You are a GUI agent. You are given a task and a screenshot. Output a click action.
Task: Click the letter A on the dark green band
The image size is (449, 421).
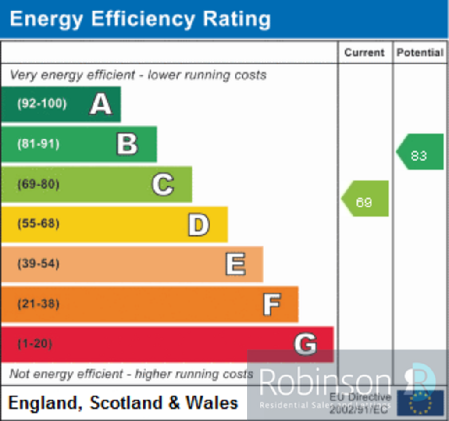click(x=101, y=104)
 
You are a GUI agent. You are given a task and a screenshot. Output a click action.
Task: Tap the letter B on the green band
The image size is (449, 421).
click(x=127, y=144)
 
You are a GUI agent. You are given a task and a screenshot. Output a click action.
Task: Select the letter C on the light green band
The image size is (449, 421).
click(x=163, y=184)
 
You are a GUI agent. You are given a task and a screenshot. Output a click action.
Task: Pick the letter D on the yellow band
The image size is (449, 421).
click(x=199, y=225)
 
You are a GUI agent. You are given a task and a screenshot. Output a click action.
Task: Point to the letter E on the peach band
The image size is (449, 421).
click(x=235, y=264)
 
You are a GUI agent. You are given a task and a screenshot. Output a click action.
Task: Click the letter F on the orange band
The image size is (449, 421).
click(x=271, y=304)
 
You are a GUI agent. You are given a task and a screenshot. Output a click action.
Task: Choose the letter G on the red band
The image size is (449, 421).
click(x=305, y=344)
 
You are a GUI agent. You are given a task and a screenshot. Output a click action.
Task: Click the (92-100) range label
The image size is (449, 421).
click(x=42, y=104)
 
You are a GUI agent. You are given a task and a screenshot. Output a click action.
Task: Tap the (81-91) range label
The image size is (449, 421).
click(x=38, y=144)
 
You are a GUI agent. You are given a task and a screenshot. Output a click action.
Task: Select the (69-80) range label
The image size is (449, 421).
click(x=38, y=184)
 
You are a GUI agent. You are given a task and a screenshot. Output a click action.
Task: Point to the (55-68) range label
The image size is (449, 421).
click(x=38, y=224)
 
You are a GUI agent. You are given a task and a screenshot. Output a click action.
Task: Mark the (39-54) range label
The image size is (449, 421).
click(x=38, y=264)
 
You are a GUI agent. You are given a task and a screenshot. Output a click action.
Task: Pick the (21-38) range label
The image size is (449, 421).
click(x=38, y=304)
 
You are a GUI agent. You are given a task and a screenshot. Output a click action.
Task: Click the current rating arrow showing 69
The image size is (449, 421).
click(x=365, y=199)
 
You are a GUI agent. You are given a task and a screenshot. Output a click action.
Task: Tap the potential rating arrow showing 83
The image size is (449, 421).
click(x=420, y=152)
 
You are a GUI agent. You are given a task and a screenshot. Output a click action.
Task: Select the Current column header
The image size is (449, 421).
click(x=364, y=53)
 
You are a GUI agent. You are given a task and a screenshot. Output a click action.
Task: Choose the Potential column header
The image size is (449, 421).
click(x=420, y=53)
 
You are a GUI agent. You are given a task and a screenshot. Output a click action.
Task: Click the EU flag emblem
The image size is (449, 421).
click(x=420, y=403)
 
